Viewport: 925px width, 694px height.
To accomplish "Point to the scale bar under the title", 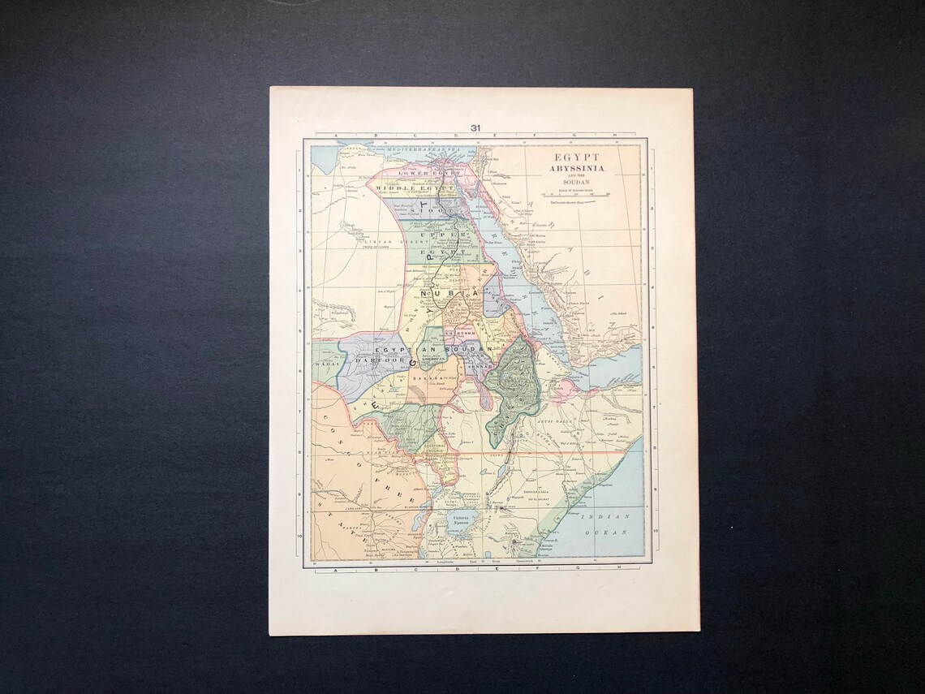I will (575, 195).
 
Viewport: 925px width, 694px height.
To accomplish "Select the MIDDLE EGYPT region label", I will (413, 188).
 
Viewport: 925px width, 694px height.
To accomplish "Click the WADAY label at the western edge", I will (325, 365).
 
